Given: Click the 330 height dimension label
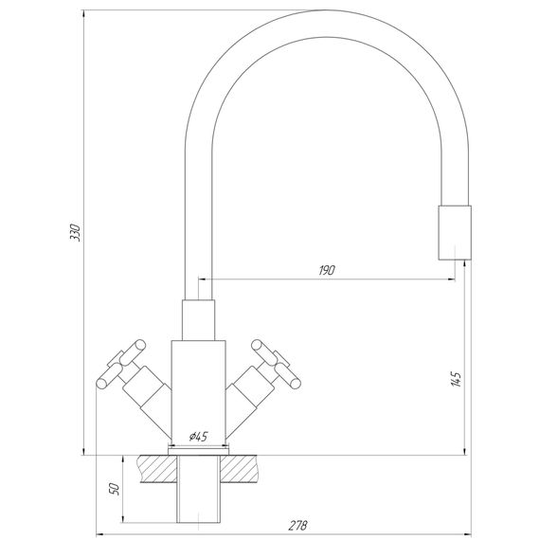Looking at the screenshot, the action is (x=75, y=232).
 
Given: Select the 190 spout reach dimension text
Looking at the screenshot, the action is (x=326, y=270).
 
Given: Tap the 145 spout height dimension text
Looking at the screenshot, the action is (x=456, y=379).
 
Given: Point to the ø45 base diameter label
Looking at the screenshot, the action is (x=199, y=437).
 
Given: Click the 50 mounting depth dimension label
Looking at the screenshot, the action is (x=114, y=490).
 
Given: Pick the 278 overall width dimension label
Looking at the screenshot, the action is (x=297, y=526).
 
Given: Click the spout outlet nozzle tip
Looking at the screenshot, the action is (x=455, y=233).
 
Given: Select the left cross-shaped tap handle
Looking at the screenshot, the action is (x=121, y=364).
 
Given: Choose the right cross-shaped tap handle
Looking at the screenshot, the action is (x=277, y=364).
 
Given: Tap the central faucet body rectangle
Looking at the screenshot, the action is (x=198, y=392).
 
